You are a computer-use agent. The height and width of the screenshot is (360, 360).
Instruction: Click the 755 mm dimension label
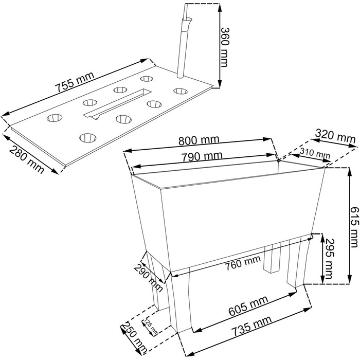(x=75, y=82)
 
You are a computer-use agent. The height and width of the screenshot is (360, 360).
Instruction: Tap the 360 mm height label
(x=224, y=47)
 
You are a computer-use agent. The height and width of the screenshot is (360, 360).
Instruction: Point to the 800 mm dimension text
(x=199, y=140)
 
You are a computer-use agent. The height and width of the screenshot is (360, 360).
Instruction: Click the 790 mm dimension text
(x=202, y=156)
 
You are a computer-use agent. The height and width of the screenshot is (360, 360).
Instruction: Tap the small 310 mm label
(x=315, y=153)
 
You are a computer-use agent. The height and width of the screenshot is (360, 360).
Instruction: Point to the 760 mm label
(x=242, y=263)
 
